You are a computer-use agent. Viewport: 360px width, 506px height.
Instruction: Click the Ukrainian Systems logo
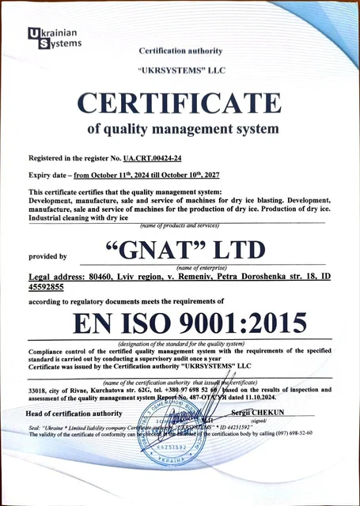point(54,39)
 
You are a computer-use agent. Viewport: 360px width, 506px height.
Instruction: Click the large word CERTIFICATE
point(179,103)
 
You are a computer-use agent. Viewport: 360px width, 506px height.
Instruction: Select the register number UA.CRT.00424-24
point(157,159)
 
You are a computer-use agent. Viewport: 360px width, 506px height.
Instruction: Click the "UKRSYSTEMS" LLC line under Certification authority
point(182,69)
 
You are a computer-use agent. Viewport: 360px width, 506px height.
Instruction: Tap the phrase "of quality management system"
point(182,128)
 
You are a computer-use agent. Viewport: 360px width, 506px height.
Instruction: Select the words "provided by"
point(47,256)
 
